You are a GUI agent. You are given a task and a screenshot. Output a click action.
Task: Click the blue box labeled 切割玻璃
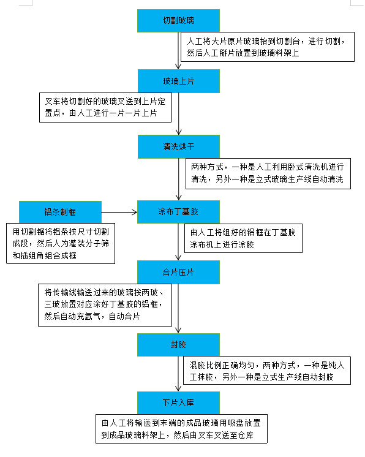click(x=178, y=21)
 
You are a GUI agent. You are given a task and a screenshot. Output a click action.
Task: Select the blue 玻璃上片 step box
click(x=179, y=81)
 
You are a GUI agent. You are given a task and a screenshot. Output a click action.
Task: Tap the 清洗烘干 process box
click(x=179, y=146)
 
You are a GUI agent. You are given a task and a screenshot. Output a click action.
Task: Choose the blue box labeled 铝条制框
click(x=60, y=212)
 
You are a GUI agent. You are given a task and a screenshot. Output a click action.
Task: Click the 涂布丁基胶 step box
click(x=178, y=212)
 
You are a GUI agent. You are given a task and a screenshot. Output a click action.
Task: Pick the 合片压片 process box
click(x=178, y=272)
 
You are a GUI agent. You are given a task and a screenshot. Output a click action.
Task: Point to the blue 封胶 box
click(x=178, y=345)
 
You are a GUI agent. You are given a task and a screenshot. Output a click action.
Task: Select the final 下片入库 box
click(x=178, y=403)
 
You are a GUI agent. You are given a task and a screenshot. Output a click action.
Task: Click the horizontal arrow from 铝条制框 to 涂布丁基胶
click(x=119, y=212)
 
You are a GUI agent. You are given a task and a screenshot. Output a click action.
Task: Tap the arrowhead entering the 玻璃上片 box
click(x=178, y=67)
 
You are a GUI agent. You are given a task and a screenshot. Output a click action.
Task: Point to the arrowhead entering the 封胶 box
click(x=178, y=330)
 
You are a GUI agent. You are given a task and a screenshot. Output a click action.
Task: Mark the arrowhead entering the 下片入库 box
click(x=178, y=388)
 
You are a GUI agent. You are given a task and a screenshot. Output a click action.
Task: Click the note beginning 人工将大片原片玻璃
click(x=268, y=47)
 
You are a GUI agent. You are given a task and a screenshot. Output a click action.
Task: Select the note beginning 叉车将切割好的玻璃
click(x=105, y=107)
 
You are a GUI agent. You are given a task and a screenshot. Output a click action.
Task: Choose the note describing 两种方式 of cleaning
click(x=268, y=173)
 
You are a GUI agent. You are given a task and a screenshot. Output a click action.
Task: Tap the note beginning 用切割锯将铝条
click(x=61, y=243)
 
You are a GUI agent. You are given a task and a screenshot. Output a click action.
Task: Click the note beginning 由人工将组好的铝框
click(x=243, y=238)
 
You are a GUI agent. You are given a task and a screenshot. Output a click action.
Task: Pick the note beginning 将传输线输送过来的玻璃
click(x=105, y=305)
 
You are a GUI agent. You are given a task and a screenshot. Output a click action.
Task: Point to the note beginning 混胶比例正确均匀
click(x=267, y=370)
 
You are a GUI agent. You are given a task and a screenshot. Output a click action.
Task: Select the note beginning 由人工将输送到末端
click(x=181, y=429)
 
